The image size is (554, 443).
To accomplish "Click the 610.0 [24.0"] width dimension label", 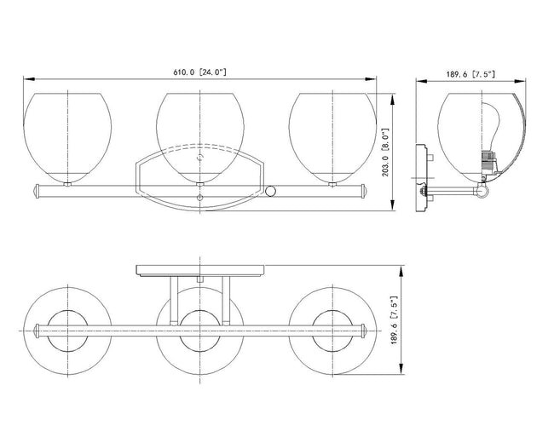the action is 199,72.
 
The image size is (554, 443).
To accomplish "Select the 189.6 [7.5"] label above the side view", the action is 470,74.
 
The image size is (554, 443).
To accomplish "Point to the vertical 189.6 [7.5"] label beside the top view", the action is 395,320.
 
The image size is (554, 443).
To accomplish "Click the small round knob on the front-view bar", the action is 270,191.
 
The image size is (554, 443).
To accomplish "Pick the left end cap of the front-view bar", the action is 36,191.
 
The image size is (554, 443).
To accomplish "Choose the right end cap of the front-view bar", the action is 364,191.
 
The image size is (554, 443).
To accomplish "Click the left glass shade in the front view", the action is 67,138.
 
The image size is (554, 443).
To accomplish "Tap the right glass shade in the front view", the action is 332,138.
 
